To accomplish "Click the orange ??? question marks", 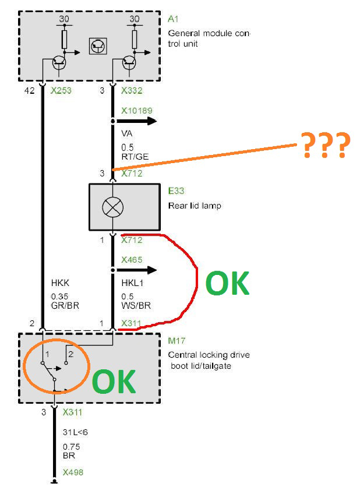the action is [326, 145].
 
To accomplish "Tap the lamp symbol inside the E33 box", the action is [113, 207].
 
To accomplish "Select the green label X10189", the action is [137, 111].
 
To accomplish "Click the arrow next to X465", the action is [136, 270].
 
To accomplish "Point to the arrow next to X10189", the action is [136, 121].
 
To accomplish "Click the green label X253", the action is [61, 91].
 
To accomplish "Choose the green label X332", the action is [132, 91].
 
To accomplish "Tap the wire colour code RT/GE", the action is [135, 156].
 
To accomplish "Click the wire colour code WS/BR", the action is [136, 305].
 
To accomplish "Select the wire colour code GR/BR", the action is [65, 305].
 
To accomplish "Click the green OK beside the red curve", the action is [227, 283].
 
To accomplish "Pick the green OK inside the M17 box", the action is [114, 382].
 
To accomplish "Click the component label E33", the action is [176, 191].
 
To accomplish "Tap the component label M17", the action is [177, 341].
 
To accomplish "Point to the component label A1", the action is [173, 19].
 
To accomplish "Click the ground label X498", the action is [73, 472].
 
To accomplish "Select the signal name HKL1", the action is [132, 283].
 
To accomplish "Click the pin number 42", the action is [29, 91].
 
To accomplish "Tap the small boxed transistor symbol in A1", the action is [98, 47].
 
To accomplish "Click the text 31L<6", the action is [75, 432].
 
